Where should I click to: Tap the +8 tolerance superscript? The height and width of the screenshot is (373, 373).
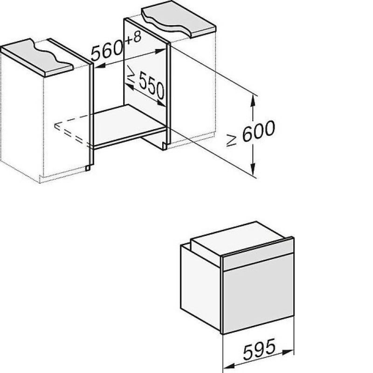tap(133, 38)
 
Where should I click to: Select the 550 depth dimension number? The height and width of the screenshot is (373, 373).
tap(152, 85)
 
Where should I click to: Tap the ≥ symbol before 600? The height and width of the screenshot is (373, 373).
tap(231, 140)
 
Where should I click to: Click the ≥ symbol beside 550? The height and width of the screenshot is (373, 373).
tap(131, 74)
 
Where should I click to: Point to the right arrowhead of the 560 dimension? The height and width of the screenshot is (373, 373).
tap(160, 51)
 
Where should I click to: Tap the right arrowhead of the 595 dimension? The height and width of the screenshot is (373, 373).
tap(288, 352)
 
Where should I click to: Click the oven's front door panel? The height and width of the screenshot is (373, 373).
tap(258, 293)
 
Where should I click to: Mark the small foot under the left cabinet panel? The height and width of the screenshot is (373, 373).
tap(88, 168)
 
